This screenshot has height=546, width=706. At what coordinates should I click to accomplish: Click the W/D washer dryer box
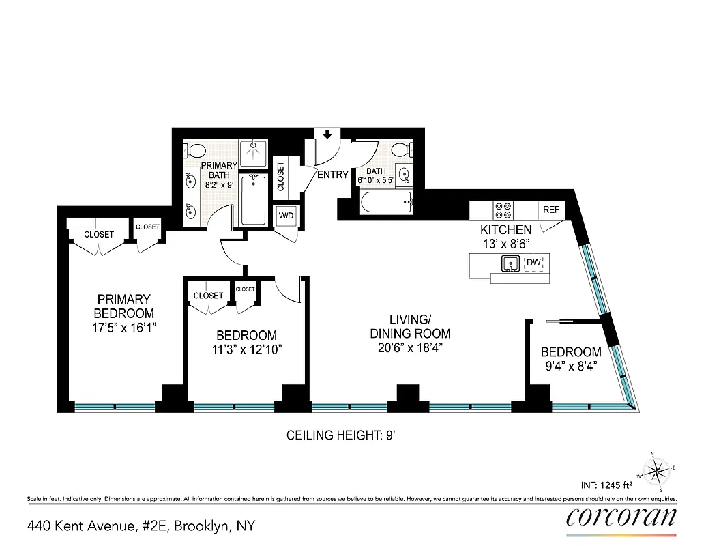coord(286,216)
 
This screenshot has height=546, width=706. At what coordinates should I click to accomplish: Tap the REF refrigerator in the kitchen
coord(550,210)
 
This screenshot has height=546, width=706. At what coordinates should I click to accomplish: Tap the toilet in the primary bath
coord(196,150)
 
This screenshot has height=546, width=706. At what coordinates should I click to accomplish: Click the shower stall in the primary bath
coord(254,149)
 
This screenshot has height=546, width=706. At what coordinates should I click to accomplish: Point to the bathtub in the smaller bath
coord(387,201)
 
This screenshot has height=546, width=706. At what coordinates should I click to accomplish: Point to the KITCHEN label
coord(505,230)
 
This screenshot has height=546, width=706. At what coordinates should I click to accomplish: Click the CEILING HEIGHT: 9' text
coord(350,435)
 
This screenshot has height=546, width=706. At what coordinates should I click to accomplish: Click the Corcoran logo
coord(621,517)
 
